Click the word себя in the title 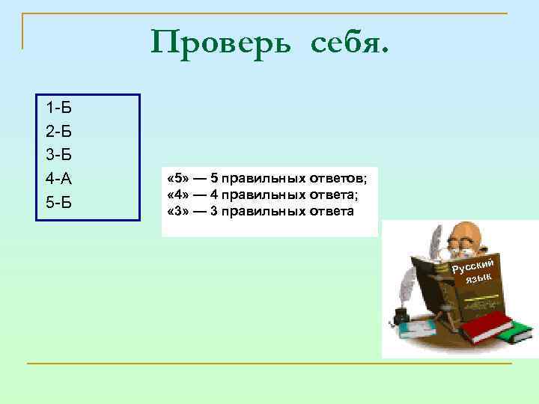tap(347, 43)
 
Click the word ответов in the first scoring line tap(337, 179)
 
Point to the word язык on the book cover tap(478, 278)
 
